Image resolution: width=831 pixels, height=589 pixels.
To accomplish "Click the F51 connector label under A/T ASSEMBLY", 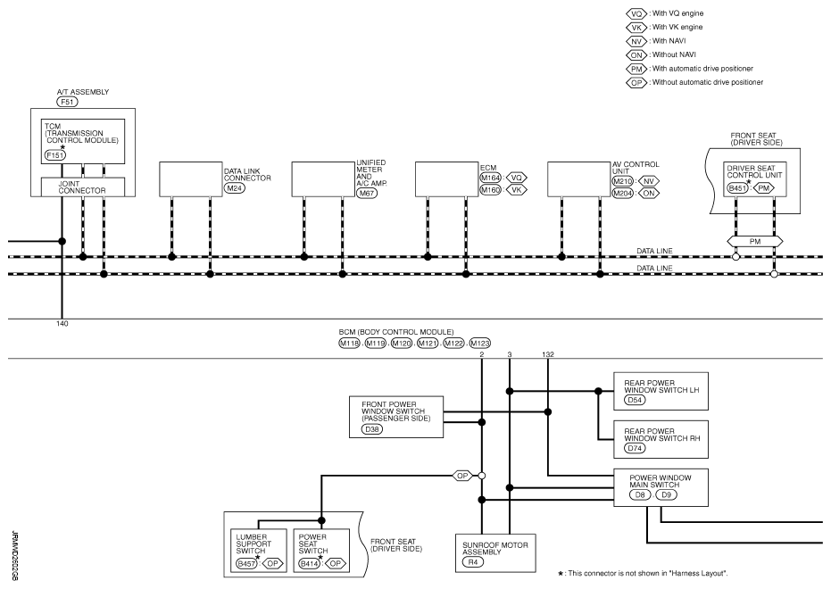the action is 67,102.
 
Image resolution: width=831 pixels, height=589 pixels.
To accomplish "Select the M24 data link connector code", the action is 234,188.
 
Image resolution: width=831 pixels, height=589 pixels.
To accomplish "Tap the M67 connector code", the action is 367,194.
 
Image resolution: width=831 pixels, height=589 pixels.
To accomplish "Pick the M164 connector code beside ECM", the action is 490,178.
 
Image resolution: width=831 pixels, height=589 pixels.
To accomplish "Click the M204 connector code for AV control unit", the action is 623,194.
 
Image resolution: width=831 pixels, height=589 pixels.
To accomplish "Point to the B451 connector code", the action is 737,188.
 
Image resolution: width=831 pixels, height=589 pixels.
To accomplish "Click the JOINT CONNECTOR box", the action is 83,187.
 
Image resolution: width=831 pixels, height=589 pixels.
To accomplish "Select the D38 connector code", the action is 372,429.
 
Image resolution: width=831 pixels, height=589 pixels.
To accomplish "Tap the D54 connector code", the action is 635,400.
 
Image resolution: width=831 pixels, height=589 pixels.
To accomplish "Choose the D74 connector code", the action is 635,448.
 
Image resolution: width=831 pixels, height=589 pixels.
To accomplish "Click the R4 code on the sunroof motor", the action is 473,562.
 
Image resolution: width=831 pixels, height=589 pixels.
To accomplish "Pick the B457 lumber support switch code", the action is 246,564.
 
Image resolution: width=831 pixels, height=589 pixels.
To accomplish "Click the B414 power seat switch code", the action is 309,564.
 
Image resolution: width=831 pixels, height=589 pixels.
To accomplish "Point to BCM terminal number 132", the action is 548,354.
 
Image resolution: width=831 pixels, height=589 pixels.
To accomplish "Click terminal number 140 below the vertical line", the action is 62,324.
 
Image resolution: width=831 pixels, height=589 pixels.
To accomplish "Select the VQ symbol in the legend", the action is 636,13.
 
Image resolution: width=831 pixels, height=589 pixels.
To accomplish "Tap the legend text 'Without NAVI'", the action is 674,54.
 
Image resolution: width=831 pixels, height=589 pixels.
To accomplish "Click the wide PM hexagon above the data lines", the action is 755,242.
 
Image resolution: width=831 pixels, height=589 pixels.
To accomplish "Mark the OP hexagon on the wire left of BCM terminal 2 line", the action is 462,476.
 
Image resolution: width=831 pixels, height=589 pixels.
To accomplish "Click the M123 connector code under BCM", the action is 479,344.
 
